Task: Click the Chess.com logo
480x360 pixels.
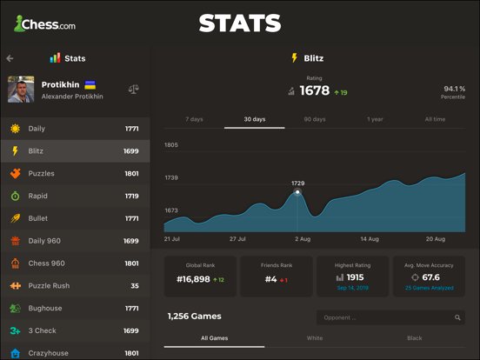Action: click(44, 24)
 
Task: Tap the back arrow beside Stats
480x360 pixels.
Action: click(10, 58)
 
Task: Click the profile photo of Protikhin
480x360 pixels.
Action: click(21, 90)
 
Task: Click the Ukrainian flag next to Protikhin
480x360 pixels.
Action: click(90, 84)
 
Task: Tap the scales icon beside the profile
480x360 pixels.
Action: click(133, 90)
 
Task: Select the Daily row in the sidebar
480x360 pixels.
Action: click(75, 129)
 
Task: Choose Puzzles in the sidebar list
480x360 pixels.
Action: click(75, 173)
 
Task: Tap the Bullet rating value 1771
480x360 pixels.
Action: click(131, 218)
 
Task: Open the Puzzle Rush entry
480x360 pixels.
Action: click(75, 285)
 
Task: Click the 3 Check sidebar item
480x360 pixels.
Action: click(75, 330)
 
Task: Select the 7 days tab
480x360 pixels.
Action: click(195, 119)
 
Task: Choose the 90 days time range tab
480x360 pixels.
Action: click(315, 119)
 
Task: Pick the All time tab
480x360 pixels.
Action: click(435, 119)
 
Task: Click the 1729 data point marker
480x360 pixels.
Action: click(297, 192)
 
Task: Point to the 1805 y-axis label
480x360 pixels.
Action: click(171, 145)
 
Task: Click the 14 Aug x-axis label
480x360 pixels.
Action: click(370, 237)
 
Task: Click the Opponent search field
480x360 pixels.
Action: click(390, 317)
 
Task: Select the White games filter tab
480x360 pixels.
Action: click(314, 337)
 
